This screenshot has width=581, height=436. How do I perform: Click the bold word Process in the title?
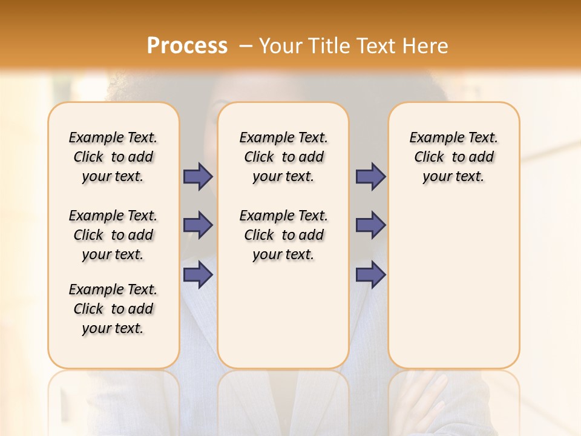187,46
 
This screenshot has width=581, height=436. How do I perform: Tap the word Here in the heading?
427,46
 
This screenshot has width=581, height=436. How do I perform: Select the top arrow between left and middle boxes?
198,177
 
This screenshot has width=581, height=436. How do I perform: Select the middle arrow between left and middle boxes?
198,226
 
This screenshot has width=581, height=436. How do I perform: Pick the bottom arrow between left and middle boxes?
198,275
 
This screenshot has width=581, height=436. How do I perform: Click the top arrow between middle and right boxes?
370,177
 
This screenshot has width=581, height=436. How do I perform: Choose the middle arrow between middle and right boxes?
370,226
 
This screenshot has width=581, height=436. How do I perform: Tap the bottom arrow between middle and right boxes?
370,275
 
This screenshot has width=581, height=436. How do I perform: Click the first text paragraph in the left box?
113,157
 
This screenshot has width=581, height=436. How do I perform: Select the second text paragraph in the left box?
113,235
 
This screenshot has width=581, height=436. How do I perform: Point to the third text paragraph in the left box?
113,309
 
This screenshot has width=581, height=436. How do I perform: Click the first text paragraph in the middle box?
284,157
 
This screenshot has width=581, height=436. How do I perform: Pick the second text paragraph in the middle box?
284,235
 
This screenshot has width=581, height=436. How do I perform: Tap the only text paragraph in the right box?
454,157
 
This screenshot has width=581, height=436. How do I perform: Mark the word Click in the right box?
429,157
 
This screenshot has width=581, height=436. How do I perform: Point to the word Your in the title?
282,46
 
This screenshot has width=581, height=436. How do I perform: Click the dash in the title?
246,46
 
